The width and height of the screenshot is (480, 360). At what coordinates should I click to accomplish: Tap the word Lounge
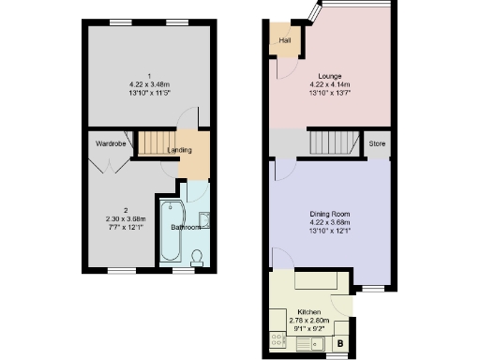click(329, 76)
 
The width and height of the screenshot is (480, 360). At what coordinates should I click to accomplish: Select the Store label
click(377, 144)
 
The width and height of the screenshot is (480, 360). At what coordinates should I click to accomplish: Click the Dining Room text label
click(329, 214)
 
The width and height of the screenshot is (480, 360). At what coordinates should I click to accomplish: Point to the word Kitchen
click(309, 310)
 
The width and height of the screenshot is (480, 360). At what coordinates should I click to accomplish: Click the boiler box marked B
click(338, 344)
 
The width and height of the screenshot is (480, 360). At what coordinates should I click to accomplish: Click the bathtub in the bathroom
click(172, 232)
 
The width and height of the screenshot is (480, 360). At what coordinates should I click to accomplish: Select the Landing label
click(180, 150)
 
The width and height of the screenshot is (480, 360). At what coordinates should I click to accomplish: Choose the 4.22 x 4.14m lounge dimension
click(329, 85)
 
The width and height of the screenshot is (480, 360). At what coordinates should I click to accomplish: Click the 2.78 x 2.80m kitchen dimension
click(309, 320)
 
